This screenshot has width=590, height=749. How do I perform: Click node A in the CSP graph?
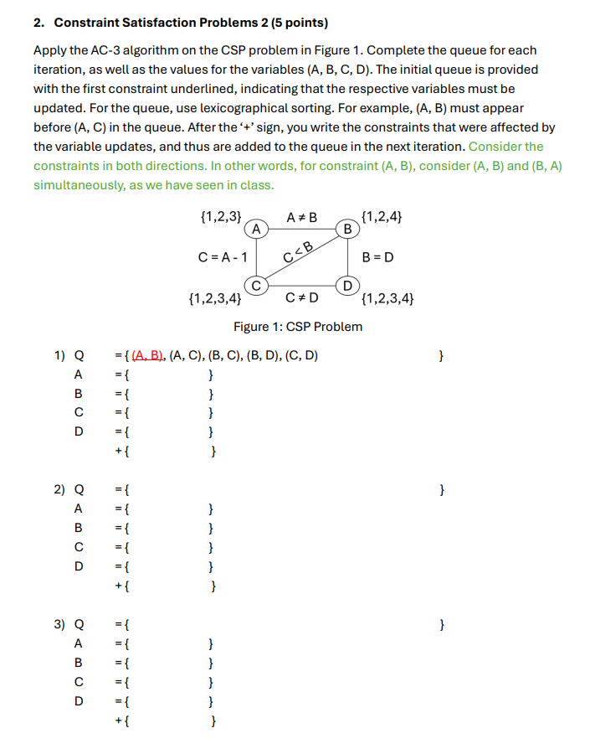click(x=256, y=228)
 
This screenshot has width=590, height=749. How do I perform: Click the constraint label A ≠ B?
click(x=302, y=218)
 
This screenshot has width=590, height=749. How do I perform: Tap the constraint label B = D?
click(x=377, y=257)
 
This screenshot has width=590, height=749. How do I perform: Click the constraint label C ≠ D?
click(x=302, y=297)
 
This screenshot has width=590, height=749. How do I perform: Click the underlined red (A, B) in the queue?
click(x=148, y=356)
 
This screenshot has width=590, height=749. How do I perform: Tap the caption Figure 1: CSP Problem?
click(x=298, y=327)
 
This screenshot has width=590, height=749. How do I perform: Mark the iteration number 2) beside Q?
click(x=59, y=488)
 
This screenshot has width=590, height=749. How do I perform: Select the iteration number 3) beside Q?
click(x=59, y=624)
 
